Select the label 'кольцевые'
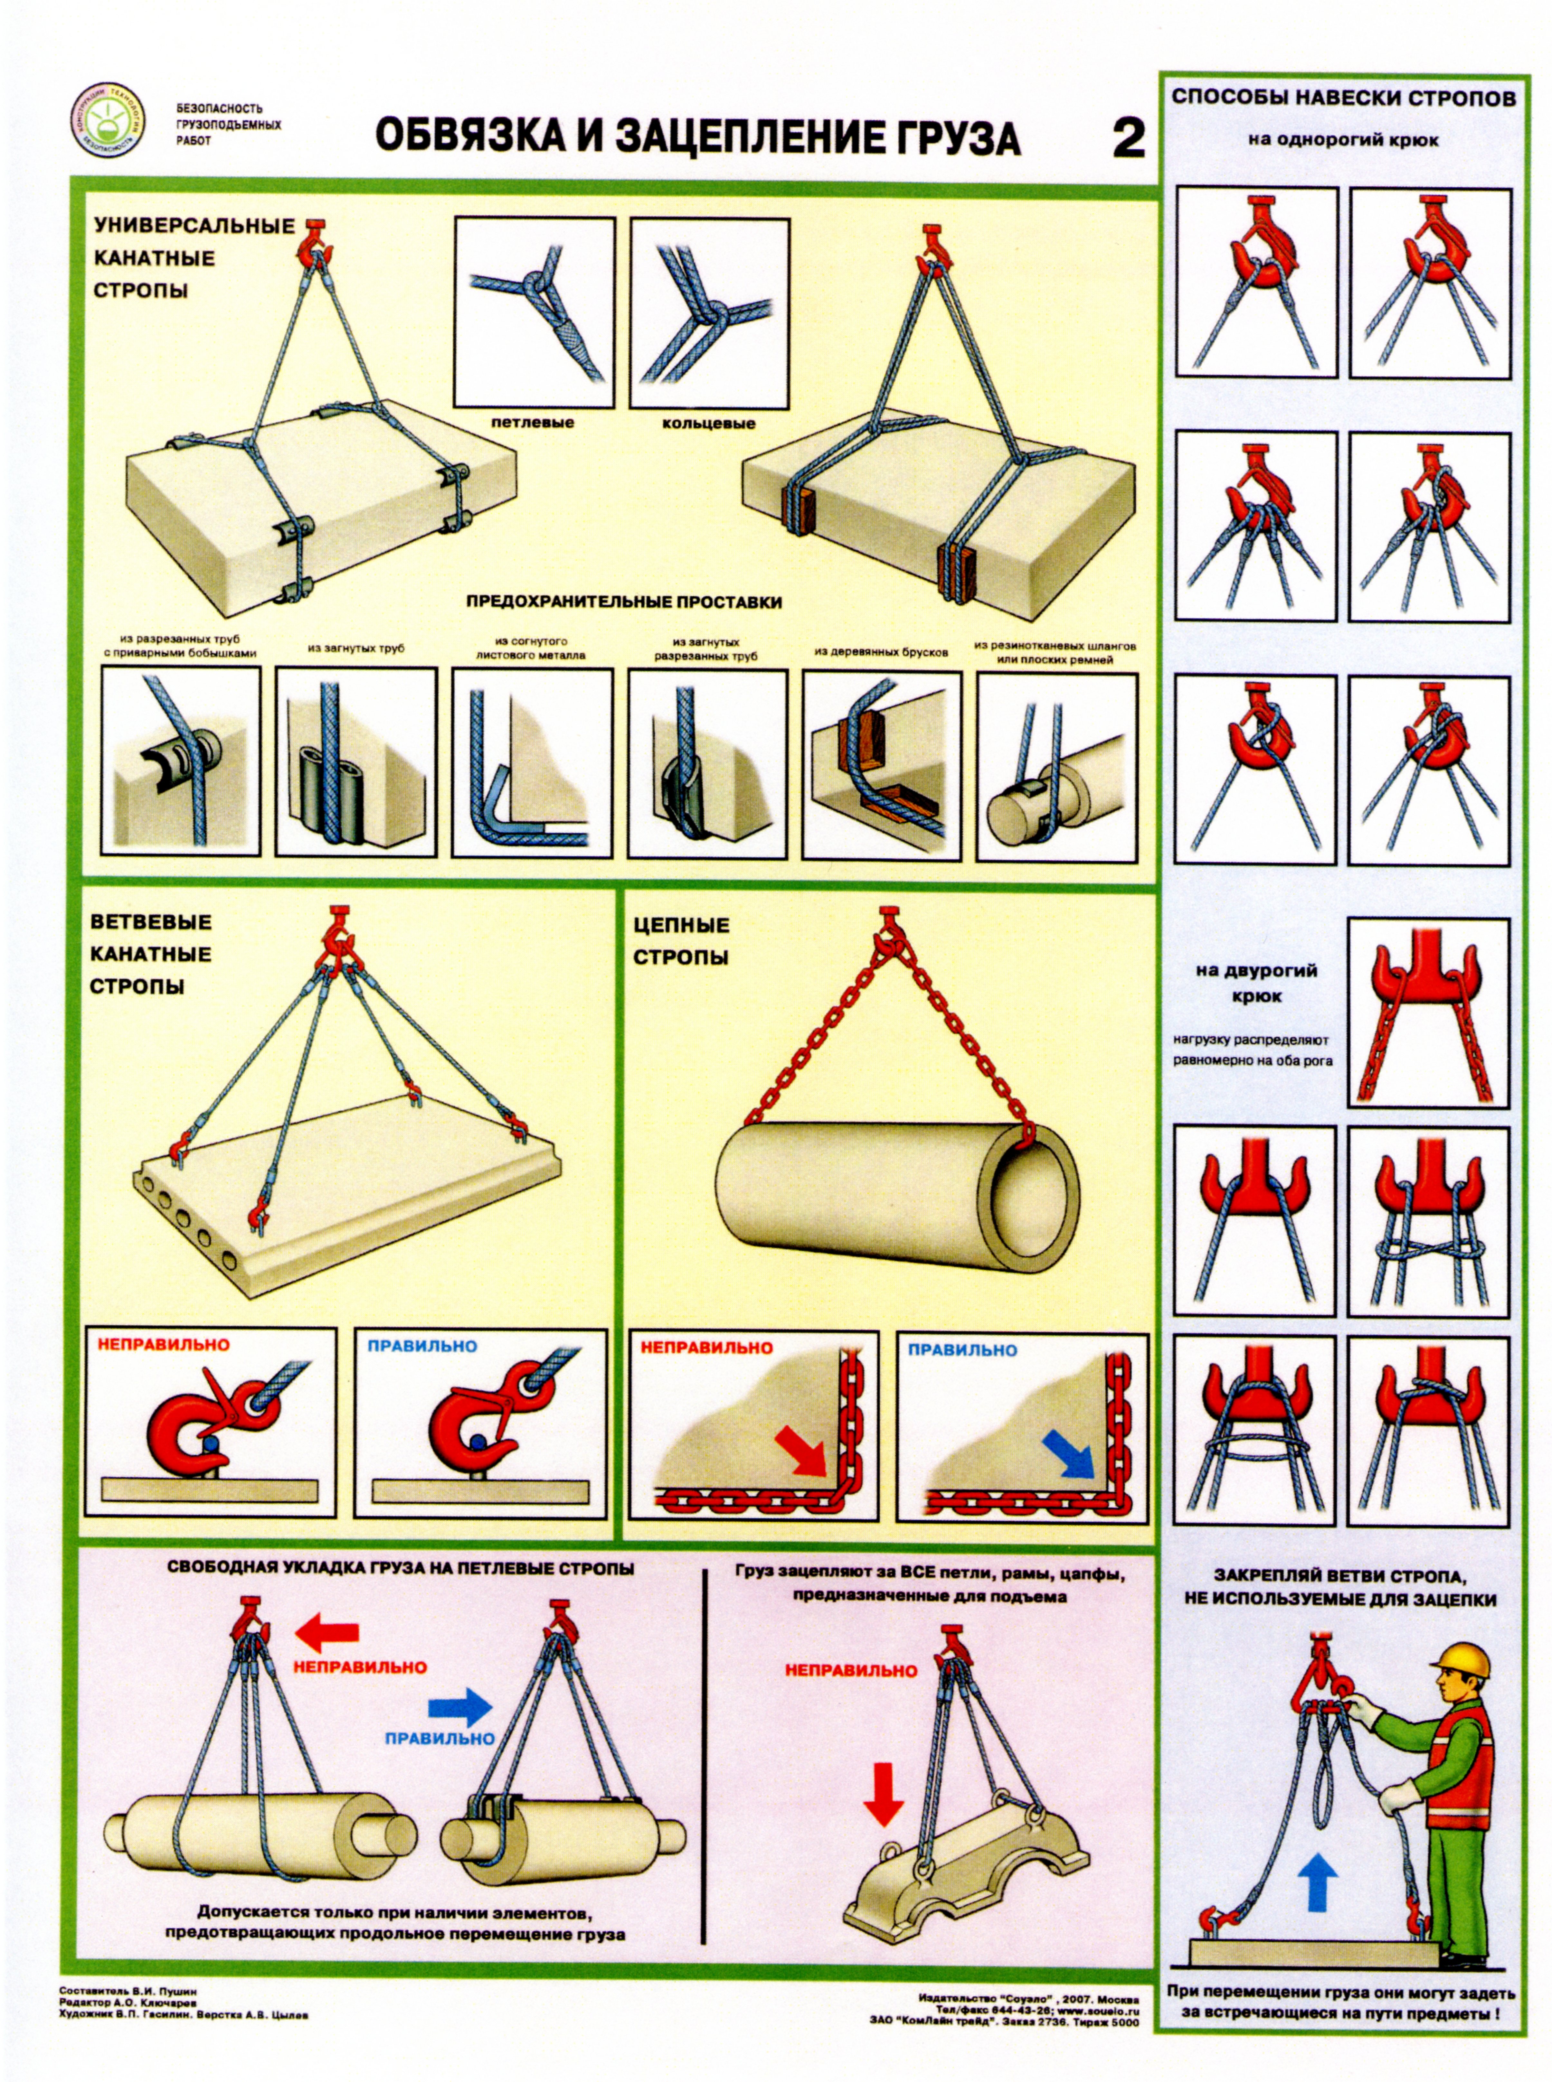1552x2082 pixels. coord(708,424)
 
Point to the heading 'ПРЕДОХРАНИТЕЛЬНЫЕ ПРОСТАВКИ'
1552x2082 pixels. coord(624,602)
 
